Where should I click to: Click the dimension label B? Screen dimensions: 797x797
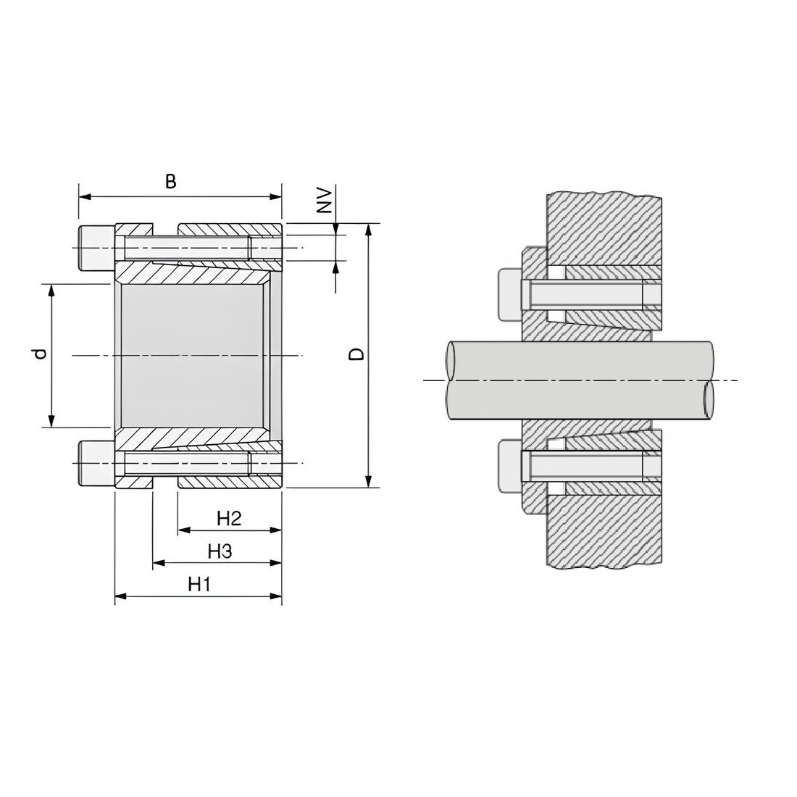point(171,181)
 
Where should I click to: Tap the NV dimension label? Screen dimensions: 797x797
point(325,201)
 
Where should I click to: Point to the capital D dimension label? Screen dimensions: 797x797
point(358,354)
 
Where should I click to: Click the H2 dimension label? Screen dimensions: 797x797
point(229,519)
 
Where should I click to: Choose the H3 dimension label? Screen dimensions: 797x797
point(220,551)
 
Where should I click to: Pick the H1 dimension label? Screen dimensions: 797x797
point(199,585)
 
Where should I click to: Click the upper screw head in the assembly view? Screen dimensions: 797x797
point(510,295)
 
